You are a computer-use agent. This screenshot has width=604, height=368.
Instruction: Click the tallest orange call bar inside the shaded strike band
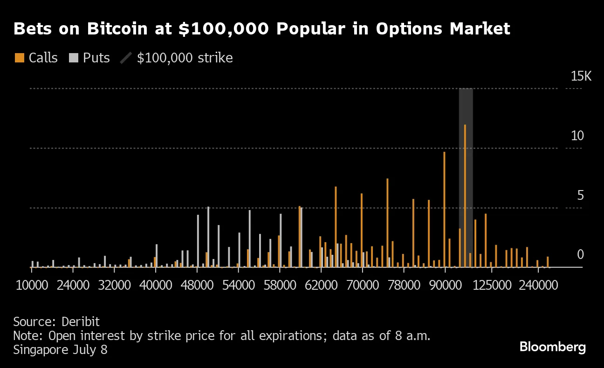(465, 196)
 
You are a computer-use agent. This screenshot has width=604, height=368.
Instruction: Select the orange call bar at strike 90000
(444, 210)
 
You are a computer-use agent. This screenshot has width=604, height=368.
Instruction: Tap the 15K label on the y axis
(581, 76)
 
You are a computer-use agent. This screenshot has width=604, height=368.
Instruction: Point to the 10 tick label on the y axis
(577, 136)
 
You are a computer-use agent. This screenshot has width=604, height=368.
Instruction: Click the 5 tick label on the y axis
(580, 196)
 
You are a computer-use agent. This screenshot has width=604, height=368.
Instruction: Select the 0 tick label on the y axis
(580, 255)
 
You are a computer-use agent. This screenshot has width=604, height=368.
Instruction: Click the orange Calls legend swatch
(19, 58)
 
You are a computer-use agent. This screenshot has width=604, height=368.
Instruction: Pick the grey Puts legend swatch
(74, 58)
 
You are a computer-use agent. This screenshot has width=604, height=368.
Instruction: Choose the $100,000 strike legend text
(185, 58)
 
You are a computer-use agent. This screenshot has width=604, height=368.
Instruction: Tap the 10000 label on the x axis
(32, 285)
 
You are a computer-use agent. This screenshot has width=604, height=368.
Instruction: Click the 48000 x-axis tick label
(197, 285)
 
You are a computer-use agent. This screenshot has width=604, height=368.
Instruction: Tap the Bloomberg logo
(552, 347)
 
